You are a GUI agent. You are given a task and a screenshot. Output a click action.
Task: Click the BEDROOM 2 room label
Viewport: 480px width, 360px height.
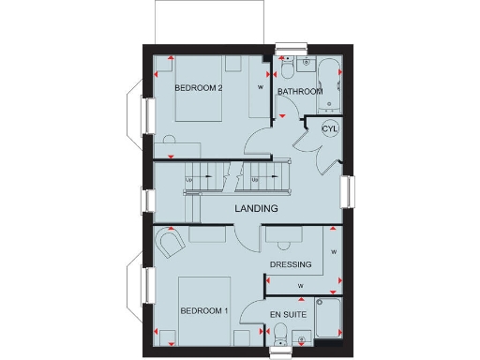click(x=198, y=89)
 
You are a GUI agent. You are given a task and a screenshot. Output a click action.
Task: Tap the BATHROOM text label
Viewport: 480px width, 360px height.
click(x=299, y=92)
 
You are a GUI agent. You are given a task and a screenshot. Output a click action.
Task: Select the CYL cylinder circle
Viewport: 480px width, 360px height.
click(x=329, y=129)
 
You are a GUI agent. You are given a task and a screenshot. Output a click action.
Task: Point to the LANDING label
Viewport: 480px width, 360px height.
click(x=256, y=208)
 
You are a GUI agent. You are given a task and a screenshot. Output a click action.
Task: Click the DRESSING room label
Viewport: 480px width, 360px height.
click(x=290, y=264)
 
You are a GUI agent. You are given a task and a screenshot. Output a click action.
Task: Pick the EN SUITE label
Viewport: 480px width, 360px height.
click(x=288, y=313)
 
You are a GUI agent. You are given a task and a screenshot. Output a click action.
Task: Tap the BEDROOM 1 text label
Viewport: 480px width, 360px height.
click(x=203, y=310)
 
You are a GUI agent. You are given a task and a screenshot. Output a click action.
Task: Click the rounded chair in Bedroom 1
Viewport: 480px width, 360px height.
click(x=171, y=246)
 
